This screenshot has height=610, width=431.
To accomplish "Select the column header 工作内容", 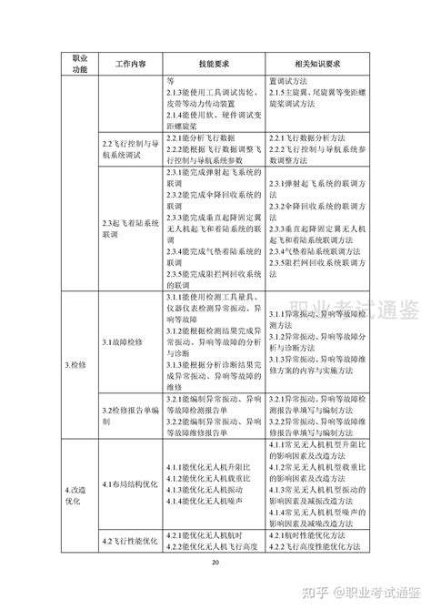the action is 131,62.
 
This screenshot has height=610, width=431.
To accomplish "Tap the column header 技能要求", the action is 214,62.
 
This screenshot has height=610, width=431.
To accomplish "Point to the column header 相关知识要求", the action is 314,62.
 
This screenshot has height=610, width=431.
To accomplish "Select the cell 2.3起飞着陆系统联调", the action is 131,228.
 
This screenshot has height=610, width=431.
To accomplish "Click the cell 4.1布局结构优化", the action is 131,483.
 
